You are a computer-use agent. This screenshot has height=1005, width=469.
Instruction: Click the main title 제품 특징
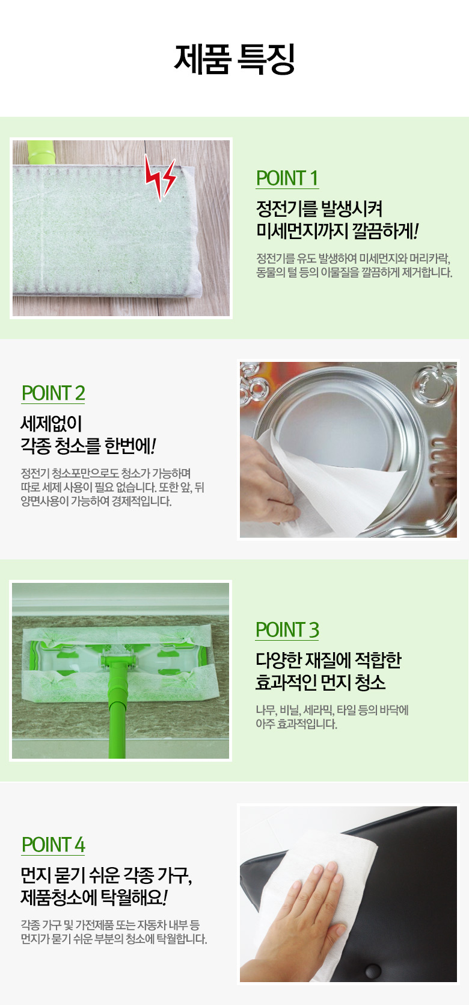[x=234, y=59]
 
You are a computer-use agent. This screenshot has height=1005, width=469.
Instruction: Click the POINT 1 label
[x=287, y=178]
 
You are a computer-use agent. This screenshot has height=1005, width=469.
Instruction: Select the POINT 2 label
[x=54, y=393]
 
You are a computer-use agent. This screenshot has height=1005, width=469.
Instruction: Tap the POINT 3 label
[x=287, y=630]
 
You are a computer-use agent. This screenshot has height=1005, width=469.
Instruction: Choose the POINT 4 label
[x=54, y=845]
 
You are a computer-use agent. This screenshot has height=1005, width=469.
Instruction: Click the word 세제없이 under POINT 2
[x=51, y=423]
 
